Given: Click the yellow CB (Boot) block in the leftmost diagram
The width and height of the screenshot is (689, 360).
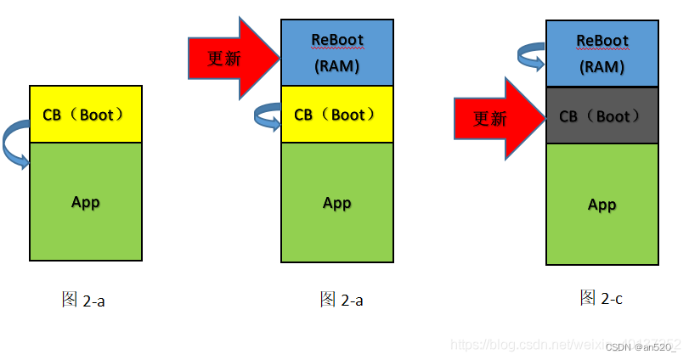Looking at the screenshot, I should [x=85, y=114].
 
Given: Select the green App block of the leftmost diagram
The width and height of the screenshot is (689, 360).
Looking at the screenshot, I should [x=85, y=202].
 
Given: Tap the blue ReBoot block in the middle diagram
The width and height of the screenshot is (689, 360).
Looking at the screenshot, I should [x=337, y=52].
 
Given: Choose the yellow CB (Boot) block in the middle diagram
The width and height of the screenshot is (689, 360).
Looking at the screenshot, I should [x=337, y=114].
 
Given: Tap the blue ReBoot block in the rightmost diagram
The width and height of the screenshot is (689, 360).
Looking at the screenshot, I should [x=601, y=53].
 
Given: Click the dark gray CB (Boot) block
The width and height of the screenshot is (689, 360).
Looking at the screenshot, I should [x=601, y=115].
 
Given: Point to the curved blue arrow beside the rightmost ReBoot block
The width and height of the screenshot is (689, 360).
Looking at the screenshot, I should [x=531, y=56].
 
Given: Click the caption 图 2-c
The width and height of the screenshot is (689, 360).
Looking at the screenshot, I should [x=602, y=297].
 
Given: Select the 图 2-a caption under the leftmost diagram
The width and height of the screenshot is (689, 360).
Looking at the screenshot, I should [x=83, y=300].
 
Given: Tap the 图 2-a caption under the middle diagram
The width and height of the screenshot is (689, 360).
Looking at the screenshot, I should [x=342, y=300].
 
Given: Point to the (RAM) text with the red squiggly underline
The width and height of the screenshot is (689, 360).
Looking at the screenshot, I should [x=601, y=67].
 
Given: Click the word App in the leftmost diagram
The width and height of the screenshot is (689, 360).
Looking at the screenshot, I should [x=86, y=202].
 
